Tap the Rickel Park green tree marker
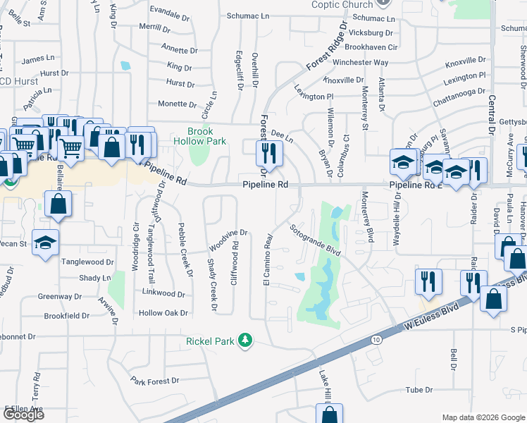tap(244, 341)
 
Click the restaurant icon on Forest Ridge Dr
tap(268, 152)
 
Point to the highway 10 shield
tap(375, 340)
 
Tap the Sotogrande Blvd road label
tap(315, 240)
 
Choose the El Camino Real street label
tap(268, 260)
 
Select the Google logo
tap(23, 415)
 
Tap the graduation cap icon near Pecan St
tap(45, 243)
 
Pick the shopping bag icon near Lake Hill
tap(328, 414)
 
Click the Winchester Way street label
tap(361, 62)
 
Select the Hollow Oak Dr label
tap(163, 312)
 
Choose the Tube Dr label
tap(418, 389)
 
